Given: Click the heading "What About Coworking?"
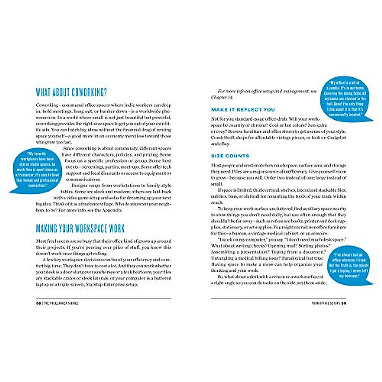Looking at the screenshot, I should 71,93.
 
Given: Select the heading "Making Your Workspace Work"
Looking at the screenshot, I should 80,229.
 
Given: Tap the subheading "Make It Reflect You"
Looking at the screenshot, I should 243,110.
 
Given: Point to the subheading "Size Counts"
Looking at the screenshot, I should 230,156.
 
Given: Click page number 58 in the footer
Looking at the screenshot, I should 39,303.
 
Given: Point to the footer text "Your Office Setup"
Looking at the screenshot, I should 325,303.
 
